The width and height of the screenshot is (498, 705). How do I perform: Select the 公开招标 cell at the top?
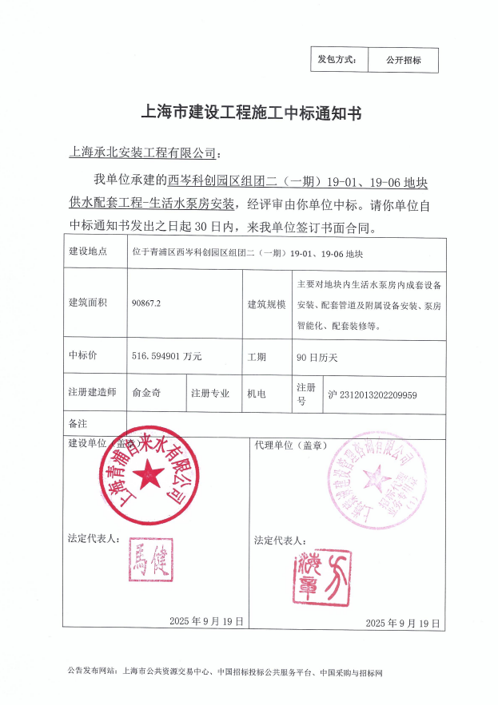[x=403, y=60]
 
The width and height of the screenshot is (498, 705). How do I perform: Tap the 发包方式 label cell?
[x=338, y=60]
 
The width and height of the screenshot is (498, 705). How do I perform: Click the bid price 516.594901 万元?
[x=166, y=357]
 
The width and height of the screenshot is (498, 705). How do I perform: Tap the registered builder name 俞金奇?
[x=146, y=394]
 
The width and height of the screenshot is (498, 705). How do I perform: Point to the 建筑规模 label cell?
[x=266, y=304]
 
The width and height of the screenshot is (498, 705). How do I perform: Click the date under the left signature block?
[x=207, y=620]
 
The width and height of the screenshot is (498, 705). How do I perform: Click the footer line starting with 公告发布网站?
[x=225, y=673]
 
